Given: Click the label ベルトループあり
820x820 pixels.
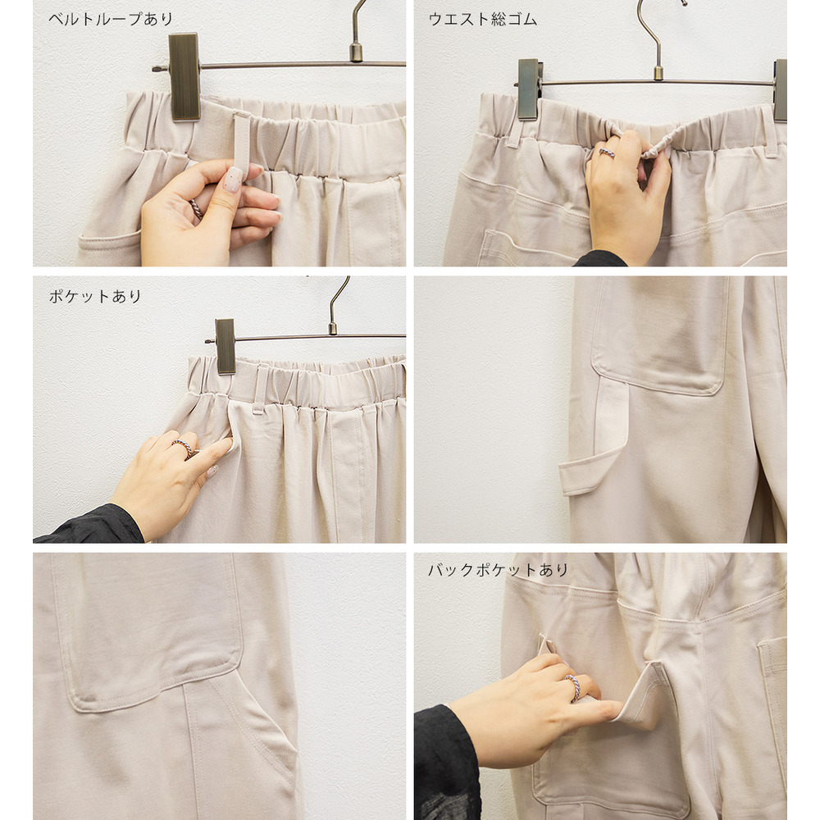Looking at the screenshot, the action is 111,20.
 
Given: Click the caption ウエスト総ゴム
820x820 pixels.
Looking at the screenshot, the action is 482,20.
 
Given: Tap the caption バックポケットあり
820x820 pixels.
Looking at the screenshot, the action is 498,570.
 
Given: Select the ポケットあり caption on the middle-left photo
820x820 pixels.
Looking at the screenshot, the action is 94,297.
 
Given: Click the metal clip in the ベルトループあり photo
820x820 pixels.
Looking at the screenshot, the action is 184,77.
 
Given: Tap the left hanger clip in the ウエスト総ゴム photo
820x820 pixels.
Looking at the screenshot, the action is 529,89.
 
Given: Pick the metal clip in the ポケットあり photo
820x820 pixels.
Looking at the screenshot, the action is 225,346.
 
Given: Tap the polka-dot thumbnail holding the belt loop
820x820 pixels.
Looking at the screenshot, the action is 234,179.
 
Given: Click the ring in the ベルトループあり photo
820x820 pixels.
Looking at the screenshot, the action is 196,208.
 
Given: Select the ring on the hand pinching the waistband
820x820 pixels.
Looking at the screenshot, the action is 607,153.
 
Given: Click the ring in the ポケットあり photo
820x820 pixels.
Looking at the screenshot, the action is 184,449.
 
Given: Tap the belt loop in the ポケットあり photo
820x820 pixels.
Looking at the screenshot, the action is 260,389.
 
